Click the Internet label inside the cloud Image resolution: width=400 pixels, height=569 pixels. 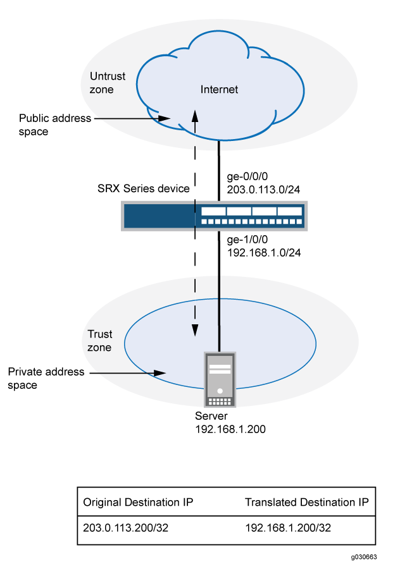219,90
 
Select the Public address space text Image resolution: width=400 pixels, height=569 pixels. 55,125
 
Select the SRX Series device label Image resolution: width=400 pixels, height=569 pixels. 147,189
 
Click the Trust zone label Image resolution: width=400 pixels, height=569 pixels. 99,341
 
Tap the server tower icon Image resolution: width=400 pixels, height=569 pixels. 219,379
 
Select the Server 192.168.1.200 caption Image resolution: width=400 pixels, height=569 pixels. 230,424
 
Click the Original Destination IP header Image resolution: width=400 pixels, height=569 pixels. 138,503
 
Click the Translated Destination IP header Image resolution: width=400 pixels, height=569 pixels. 306,503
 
